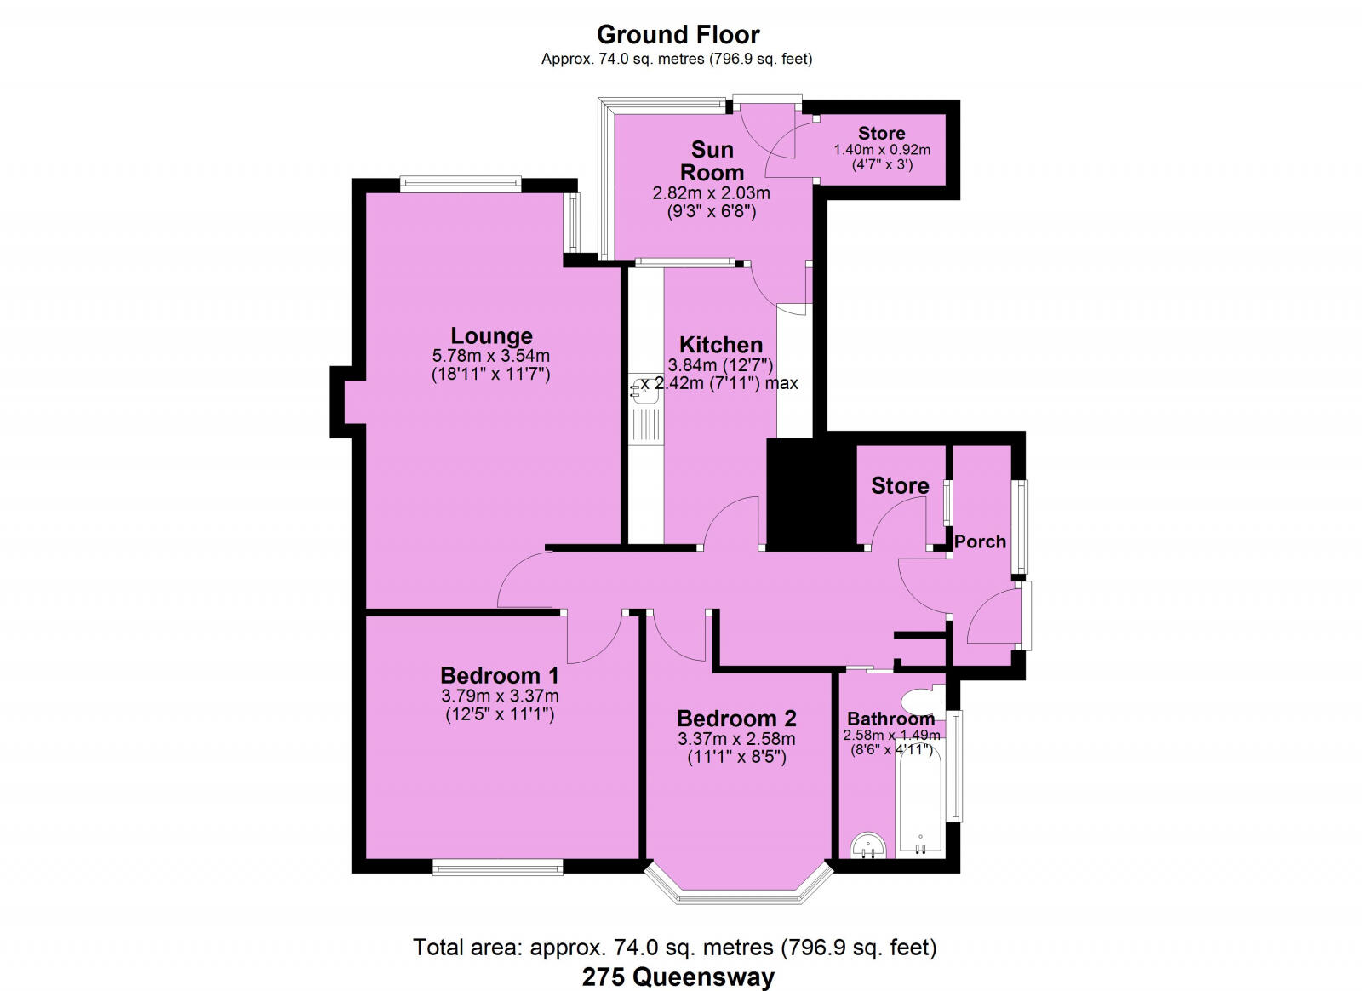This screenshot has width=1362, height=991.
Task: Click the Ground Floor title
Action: point(678,35)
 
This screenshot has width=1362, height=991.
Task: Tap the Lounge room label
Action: point(491,335)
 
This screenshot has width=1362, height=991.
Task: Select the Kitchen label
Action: point(720,345)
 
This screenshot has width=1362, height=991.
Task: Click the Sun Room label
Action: point(712,161)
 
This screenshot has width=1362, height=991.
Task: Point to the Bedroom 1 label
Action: point(499,675)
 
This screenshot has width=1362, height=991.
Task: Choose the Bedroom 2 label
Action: point(736,718)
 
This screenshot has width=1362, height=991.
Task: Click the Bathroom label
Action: point(890,719)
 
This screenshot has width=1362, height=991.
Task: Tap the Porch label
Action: point(980,541)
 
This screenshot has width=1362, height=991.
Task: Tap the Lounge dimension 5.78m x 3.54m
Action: point(491,356)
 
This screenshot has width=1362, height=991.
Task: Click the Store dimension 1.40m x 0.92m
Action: point(882,150)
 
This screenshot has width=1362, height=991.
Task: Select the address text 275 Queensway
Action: point(678,977)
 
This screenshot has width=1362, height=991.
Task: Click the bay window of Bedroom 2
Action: point(737,891)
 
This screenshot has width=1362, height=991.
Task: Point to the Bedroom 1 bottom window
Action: point(497,868)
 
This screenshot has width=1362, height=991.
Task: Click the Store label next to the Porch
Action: point(900,485)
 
